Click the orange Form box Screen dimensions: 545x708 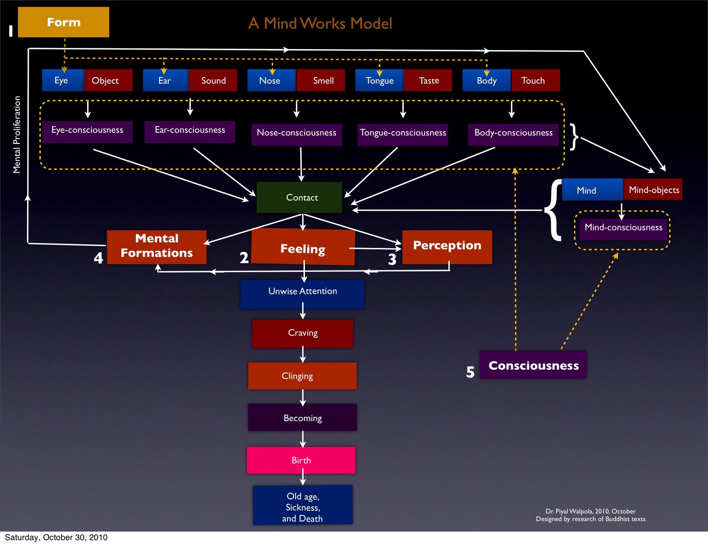coord(63,22)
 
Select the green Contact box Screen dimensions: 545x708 coord(300,197)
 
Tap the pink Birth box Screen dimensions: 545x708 coord(301,460)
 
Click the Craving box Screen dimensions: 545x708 coord(303,333)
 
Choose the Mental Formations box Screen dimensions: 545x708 coord(157,247)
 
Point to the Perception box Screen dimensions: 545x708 coord(447,247)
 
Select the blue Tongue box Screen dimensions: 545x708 coord(379,81)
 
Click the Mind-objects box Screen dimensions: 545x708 coord(653,189)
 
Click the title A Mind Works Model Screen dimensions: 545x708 coord(320,23)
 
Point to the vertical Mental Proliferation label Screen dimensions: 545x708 coord(17,135)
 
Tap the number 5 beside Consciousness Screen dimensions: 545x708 coord(470,372)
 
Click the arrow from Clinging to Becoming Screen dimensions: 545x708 coord(303,397)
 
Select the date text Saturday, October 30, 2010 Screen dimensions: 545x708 coord(56,537)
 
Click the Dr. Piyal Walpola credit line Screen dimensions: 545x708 coord(590,511)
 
